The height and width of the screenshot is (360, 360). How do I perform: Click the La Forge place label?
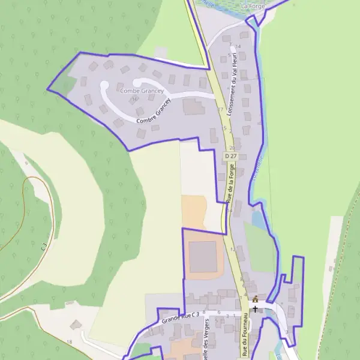pos(252,5)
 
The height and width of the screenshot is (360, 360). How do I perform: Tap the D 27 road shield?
pos(231,156)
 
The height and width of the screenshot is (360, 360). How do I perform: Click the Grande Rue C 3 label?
pos(179,314)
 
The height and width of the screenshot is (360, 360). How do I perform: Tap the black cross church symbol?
pos(255,308)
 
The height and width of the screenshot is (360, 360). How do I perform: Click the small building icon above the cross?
pos(255,299)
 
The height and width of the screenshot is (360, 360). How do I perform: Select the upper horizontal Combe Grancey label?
pos(142,91)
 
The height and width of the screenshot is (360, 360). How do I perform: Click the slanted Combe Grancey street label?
pos(154,112)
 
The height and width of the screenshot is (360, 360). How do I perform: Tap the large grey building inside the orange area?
pos(203,256)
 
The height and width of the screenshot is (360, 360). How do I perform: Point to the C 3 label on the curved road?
pos(44,247)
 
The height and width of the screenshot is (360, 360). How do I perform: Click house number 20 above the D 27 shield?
pos(232,147)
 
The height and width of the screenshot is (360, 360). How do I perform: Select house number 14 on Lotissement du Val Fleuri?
pos(238,46)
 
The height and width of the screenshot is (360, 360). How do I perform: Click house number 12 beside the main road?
pos(233,248)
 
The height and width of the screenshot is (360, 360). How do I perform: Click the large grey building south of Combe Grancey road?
pos(193,107)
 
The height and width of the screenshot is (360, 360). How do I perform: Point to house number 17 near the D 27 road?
pos(220,110)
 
